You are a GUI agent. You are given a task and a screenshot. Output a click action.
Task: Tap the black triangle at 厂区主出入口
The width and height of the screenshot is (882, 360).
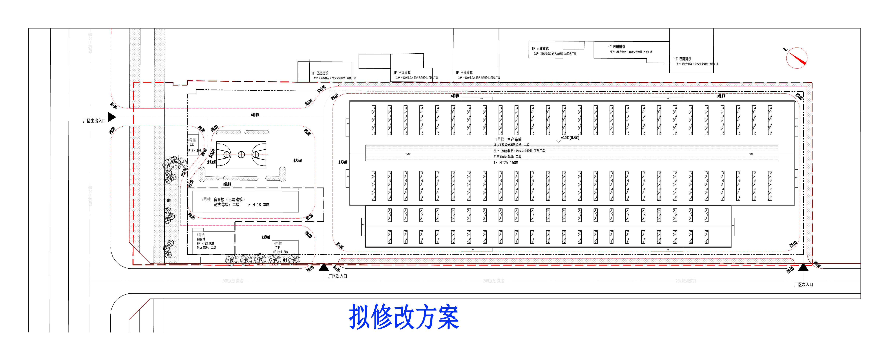click(x=112, y=117)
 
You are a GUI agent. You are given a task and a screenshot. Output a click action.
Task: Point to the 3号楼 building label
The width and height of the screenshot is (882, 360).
click(x=192, y=140)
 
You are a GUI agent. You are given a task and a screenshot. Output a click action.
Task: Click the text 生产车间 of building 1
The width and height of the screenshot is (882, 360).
click(x=514, y=139)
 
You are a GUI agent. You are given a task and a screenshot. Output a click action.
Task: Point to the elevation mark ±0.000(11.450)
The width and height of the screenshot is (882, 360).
click(x=570, y=138)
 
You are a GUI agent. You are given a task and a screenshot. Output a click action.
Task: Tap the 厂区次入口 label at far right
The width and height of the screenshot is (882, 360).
click(x=803, y=285)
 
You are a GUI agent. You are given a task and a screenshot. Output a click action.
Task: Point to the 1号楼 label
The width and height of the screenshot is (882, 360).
click(x=500, y=139)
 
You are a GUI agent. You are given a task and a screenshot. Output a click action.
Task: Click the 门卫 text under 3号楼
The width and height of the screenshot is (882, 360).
click(x=191, y=145)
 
